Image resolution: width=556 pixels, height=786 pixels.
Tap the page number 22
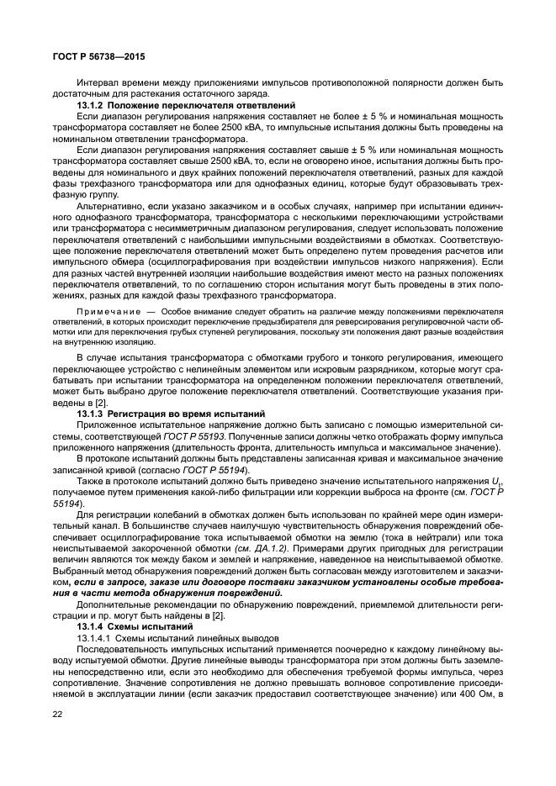58,714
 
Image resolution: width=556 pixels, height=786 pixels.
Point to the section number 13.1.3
92,414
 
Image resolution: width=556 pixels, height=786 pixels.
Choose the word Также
91,480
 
